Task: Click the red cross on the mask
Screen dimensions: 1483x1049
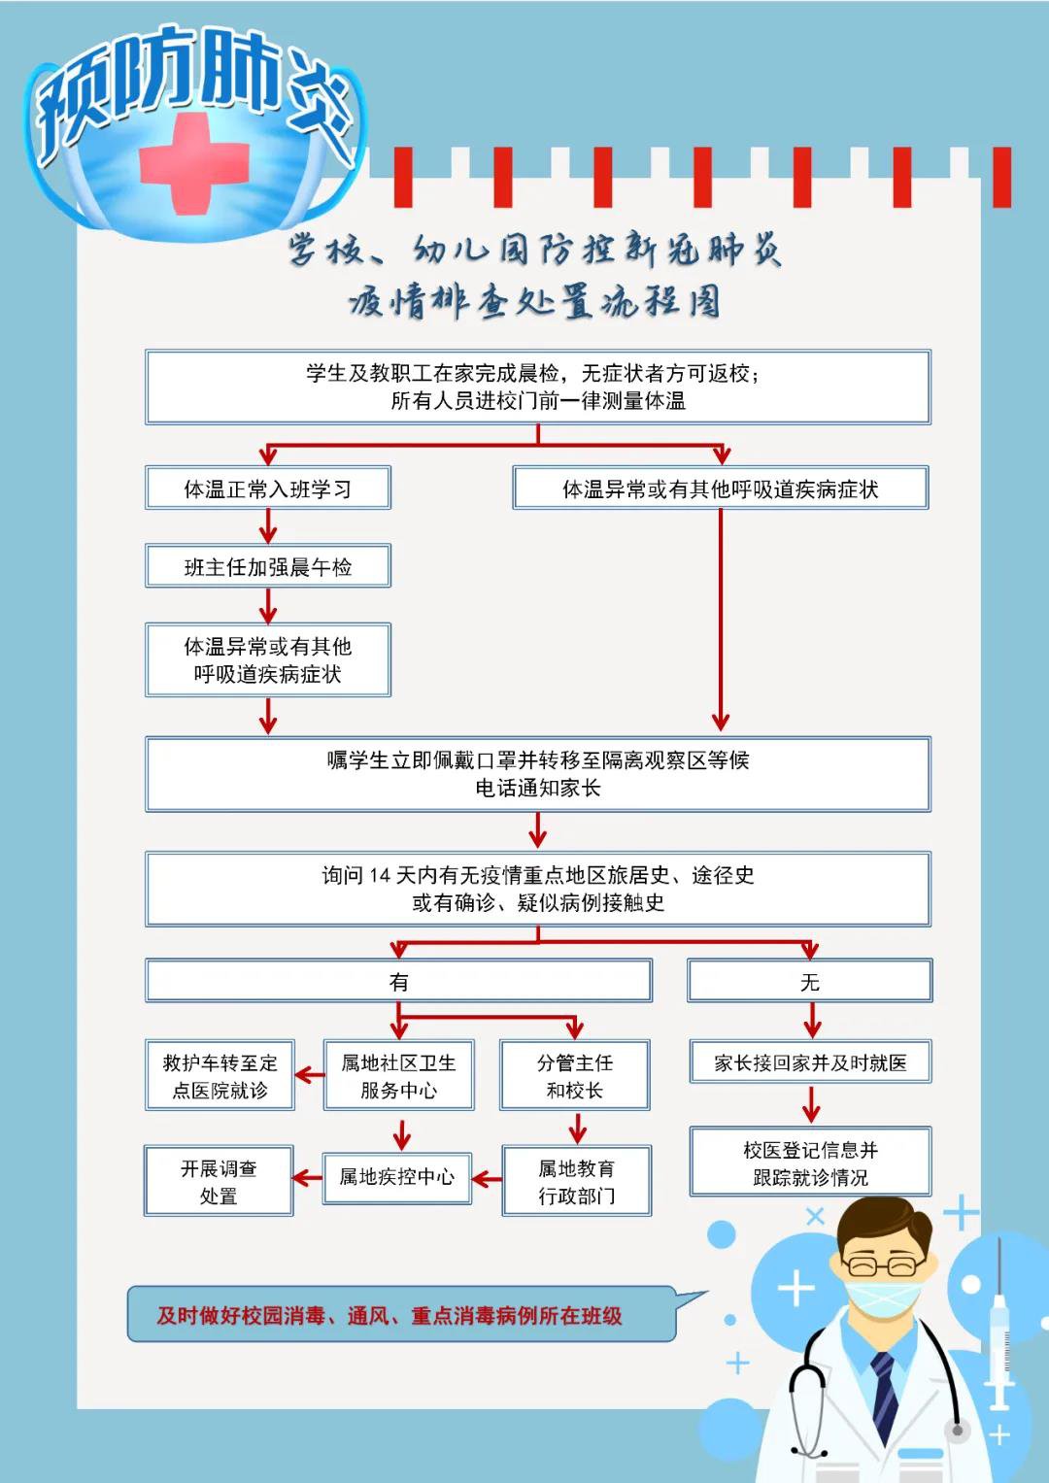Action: (x=194, y=162)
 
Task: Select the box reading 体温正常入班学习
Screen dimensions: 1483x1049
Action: (x=268, y=489)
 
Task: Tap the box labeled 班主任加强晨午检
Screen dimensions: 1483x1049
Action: (x=268, y=566)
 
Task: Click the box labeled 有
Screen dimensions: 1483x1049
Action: (x=398, y=981)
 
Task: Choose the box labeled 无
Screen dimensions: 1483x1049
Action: (x=809, y=981)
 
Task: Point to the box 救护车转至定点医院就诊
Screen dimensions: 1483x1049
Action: (x=220, y=1075)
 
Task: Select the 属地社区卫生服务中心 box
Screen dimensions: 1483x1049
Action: (x=398, y=1075)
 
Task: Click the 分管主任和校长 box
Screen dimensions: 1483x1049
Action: (x=574, y=1075)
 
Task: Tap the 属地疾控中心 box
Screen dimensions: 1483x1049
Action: (x=396, y=1178)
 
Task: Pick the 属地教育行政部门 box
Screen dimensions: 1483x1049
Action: (x=576, y=1181)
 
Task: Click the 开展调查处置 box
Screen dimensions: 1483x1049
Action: (x=219, y=1181)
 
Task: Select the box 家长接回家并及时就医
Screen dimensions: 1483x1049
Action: (x=810, y=1062)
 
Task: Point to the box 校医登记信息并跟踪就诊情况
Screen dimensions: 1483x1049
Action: (x=810, y=1163)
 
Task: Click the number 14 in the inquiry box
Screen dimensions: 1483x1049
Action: (x=380, y=876)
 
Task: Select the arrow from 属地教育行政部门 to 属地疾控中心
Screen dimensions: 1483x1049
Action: (x=487, y=1180)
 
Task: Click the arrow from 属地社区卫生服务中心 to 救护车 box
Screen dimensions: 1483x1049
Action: (x=309, y=1075)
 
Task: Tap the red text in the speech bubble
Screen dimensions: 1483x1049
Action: (x=389, y=1316)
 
